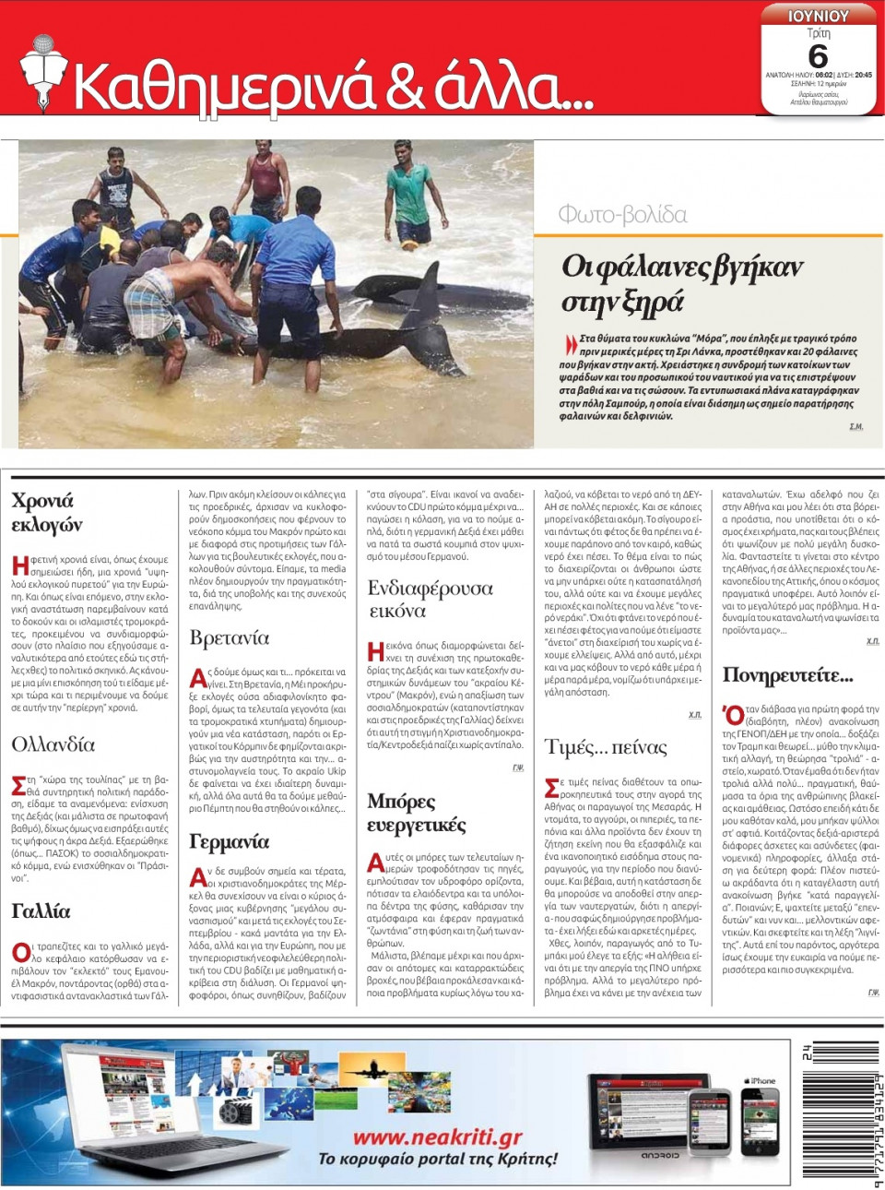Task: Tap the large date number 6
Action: [818, 56]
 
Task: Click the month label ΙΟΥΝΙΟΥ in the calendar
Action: [818, 16]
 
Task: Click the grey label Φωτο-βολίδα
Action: [622, 215]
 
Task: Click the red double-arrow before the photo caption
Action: [571, 344]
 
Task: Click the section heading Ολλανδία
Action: [53, 744]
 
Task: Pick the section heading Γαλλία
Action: [41, 911]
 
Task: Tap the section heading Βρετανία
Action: [229, 637]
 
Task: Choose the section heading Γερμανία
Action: [229, 841]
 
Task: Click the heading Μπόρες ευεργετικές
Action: [416, 813]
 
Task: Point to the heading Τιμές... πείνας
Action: [606, 746]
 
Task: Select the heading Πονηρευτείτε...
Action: [787, 675]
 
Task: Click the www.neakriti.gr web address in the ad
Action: [437, 1136]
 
